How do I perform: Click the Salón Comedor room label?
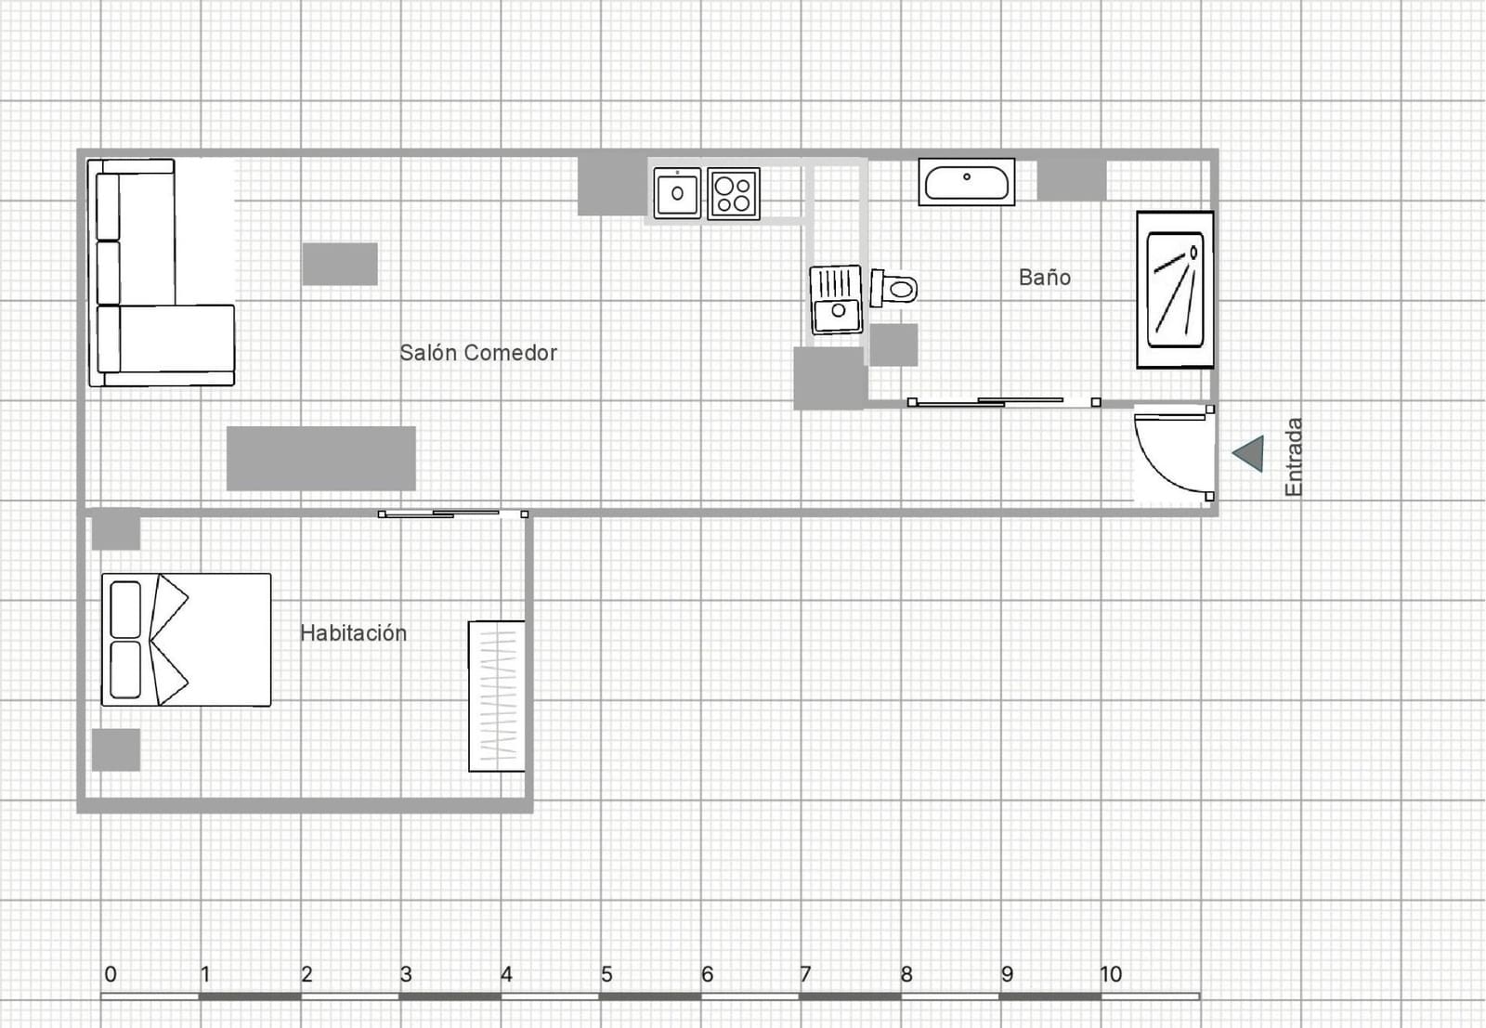point(477,353)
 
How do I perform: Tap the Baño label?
point(1044,278)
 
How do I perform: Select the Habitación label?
point(353,633)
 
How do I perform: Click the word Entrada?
point(1294,457)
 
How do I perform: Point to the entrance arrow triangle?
point(1250,453)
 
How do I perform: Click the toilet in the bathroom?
point(893,288)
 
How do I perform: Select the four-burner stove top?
point(733,194)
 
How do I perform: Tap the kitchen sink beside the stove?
point(677,193)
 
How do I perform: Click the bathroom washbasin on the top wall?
point(966,182)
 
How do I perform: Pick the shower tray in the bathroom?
point(1175,290)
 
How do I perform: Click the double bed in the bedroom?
point(186,640)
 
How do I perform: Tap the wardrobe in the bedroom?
point(496,696)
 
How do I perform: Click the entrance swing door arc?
point(1172,453)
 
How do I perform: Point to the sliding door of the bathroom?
point(1003,402)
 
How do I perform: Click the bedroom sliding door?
point(452,514)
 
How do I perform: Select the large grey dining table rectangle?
point(320,458)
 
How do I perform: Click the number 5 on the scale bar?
point(606,974)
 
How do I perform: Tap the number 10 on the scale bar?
point(1110,974)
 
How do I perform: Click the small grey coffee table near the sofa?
point(339,264)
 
